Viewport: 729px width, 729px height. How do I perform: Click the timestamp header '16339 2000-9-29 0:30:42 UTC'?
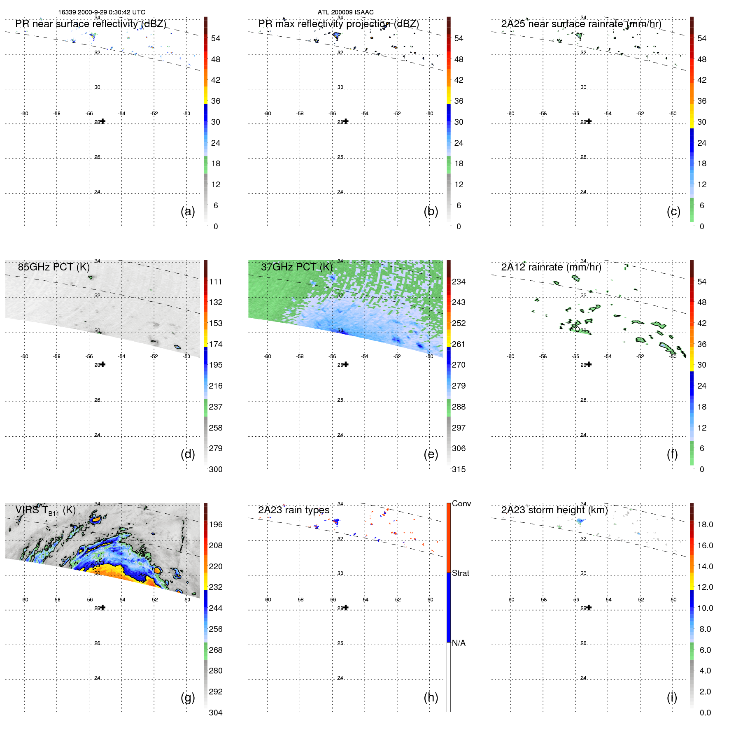102,12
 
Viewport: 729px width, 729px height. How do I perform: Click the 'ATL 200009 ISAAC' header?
345,12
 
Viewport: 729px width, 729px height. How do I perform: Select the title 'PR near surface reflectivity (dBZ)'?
91,24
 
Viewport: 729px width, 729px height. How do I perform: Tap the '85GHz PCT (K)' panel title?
54,267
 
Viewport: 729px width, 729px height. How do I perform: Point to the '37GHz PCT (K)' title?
296,267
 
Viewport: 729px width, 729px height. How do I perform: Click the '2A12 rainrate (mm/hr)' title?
551,267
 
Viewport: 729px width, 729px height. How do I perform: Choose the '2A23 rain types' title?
293,510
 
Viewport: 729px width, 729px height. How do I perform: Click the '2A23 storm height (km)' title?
554,510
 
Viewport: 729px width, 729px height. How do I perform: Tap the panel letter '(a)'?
188,211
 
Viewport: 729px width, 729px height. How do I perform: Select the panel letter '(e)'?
431,454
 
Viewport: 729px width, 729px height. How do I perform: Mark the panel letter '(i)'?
672,697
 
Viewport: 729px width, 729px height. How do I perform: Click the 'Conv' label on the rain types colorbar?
461,503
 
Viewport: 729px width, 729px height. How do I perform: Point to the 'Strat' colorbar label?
461,573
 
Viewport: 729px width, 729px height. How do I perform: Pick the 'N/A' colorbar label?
459,643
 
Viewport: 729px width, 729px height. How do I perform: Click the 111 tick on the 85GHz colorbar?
216,282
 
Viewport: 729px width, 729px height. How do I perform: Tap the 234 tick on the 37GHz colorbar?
459,282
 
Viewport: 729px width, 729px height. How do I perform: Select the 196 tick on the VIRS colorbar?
216,524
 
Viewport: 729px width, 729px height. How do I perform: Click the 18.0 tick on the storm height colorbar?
705,524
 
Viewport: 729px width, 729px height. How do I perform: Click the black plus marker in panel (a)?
103,121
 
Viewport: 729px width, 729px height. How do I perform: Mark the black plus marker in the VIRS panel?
103,608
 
